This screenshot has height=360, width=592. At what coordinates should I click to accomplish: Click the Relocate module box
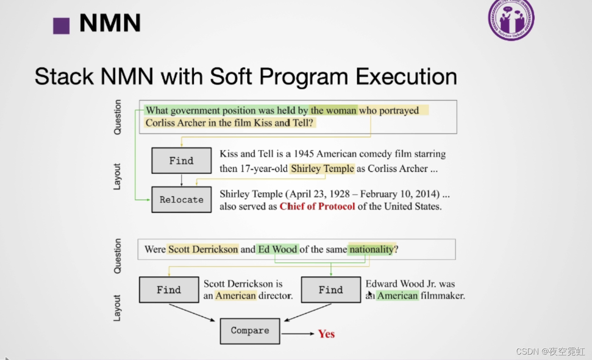point(181,200)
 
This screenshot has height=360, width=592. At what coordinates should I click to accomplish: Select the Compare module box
point(250,331)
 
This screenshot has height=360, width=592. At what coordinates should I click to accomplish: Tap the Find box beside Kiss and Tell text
point(181,160)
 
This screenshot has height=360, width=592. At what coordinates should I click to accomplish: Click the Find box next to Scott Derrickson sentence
point(169,290)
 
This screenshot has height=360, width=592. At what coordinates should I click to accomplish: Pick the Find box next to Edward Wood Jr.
point(331,290)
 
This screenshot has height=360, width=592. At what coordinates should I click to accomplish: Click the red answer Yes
point(326,334)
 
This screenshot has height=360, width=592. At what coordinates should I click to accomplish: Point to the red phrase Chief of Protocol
point(317,206)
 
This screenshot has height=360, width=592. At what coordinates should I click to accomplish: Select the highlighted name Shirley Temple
point(322,169)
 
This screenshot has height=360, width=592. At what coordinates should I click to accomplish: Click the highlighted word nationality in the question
point(371,249)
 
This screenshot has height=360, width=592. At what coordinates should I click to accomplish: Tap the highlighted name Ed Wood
point(277,249)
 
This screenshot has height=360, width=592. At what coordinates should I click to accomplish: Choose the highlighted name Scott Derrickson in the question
point(203,249)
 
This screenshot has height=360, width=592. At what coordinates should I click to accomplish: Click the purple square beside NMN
point(61,25)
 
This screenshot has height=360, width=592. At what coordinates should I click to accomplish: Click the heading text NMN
point(110,23)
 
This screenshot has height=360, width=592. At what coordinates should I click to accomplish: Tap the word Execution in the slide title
point(406,76)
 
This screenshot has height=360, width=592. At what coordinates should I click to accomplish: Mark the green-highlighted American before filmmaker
point(397,296)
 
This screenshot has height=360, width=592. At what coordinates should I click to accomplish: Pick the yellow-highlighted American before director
point(236,296)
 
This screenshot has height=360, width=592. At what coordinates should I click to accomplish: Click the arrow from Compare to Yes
point(297,334)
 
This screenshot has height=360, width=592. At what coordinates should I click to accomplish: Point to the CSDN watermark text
point(550,351)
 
